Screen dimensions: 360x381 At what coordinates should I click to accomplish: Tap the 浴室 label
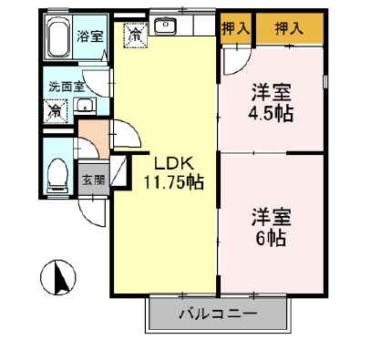[x=90, y=37]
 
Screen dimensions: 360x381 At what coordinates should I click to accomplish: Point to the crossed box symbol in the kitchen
[x=135, y=36]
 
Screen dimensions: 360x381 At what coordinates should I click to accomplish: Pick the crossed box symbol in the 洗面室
[x=56, y=111]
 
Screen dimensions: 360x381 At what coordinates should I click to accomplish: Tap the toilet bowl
[x=59, y=171]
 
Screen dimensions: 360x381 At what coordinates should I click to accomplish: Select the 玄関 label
[x=93, y=179]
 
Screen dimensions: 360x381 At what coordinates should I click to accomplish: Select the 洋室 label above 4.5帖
[x=270, y=93]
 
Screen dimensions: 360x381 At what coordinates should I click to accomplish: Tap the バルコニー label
[x=218, y=315]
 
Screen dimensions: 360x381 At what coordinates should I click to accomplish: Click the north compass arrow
[x=59, y=276]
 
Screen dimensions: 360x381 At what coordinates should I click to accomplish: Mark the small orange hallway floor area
[x=91, y=143]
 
